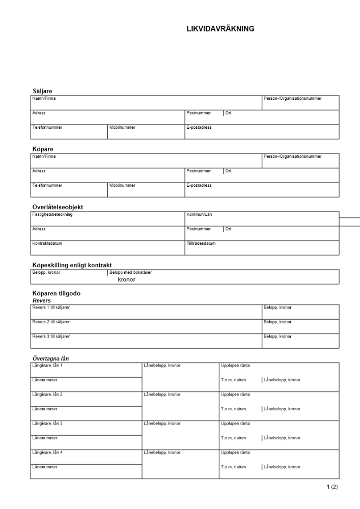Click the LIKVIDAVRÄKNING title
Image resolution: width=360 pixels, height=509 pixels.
220,29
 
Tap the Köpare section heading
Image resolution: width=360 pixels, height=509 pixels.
43,149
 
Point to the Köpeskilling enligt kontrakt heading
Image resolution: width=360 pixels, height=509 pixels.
72,265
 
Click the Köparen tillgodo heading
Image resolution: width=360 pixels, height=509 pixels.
56,294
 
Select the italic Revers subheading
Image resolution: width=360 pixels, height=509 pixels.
42,300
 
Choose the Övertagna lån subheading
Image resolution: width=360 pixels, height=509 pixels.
50,359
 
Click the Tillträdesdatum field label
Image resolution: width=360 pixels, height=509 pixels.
201,243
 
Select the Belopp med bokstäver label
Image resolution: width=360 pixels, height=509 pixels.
130,273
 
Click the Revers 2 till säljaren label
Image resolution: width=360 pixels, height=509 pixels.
51,322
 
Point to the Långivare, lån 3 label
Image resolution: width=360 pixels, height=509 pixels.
47,423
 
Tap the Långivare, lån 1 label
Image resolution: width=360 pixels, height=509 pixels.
47,365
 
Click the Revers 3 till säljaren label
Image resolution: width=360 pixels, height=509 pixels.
51,336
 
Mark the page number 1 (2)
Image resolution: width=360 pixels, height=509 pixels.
332,487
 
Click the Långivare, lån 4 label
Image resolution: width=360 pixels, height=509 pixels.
47,452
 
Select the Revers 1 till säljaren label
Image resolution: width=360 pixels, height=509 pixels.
51,307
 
